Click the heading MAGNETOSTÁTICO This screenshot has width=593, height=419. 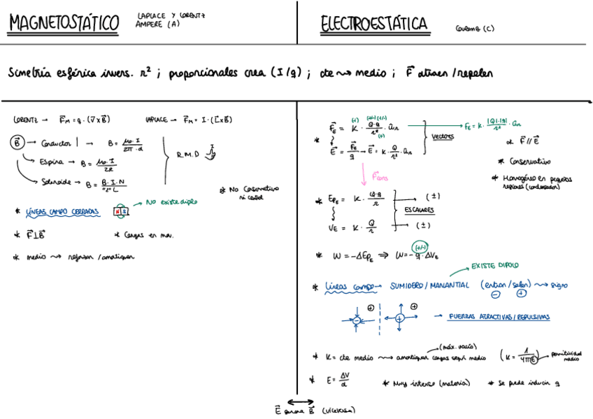tap(64, 23)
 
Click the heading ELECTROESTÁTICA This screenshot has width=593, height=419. tap(374, 24)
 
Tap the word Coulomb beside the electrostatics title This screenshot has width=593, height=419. tap(466, 29)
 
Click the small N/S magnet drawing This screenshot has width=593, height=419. tap(122, 211)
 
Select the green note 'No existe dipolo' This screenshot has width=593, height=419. tap(169, 202)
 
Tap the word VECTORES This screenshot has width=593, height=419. tap(442, 136)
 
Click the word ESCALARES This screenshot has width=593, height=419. tap(418, 209)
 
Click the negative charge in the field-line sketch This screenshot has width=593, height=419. tap(357, 320)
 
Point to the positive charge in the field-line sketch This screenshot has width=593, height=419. tap(399, 318)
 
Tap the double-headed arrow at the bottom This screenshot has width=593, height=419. tap(300, 402)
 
